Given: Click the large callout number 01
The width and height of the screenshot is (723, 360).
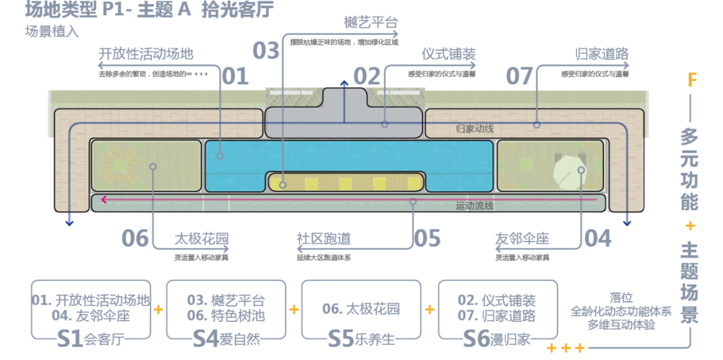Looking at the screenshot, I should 234,76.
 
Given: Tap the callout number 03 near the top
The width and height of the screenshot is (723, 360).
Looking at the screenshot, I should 266,51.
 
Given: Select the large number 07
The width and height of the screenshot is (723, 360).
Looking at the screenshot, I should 519,76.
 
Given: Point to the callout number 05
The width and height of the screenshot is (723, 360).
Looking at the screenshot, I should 426,238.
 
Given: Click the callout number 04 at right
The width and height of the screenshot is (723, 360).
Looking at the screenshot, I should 598,238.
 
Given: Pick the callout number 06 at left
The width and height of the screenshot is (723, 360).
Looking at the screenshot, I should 135,238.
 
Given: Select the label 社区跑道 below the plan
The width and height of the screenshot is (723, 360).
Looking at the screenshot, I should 323,238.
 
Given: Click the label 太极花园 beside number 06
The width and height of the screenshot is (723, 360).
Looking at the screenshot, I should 202,238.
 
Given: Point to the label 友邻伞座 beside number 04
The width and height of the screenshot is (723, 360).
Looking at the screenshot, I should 522,238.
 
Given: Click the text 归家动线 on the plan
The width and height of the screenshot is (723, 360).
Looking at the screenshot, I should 475,128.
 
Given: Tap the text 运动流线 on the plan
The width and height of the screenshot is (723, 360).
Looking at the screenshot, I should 475,206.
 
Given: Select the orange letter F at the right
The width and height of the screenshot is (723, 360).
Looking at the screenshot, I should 692,81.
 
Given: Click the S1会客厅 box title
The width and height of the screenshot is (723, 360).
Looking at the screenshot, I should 91,339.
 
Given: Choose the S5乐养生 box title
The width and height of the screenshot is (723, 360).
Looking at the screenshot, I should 361,339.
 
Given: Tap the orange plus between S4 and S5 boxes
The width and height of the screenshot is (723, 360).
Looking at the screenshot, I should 293,310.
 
